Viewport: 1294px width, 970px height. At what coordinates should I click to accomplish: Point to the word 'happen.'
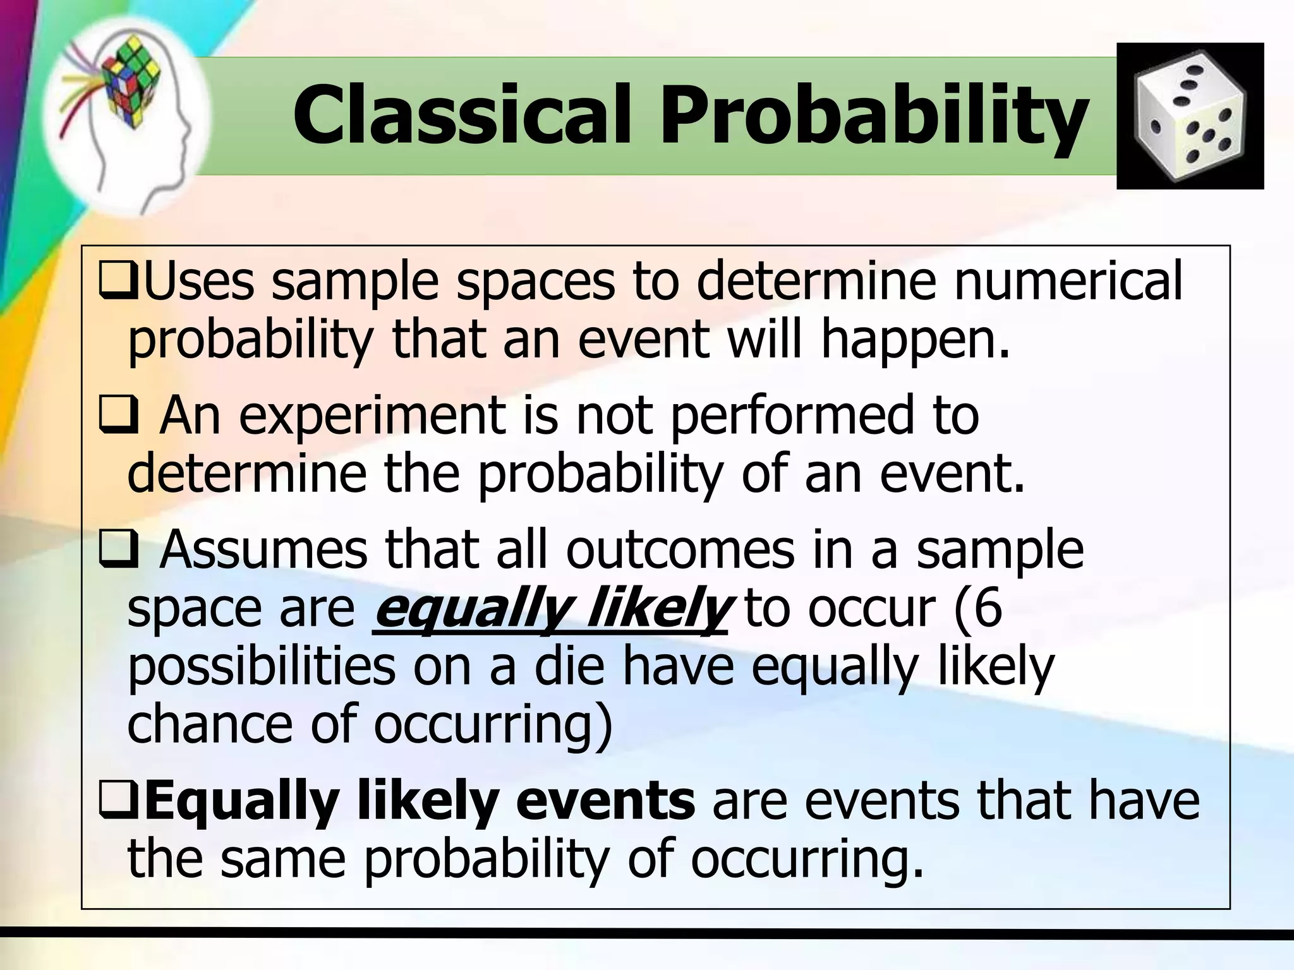pyautogui.click(x=916, y=340)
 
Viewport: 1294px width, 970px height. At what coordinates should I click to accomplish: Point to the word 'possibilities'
pyautogui.click(x=262, y=668)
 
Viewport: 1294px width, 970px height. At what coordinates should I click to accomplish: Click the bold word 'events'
pyautogui.click(x=605, y=801)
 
